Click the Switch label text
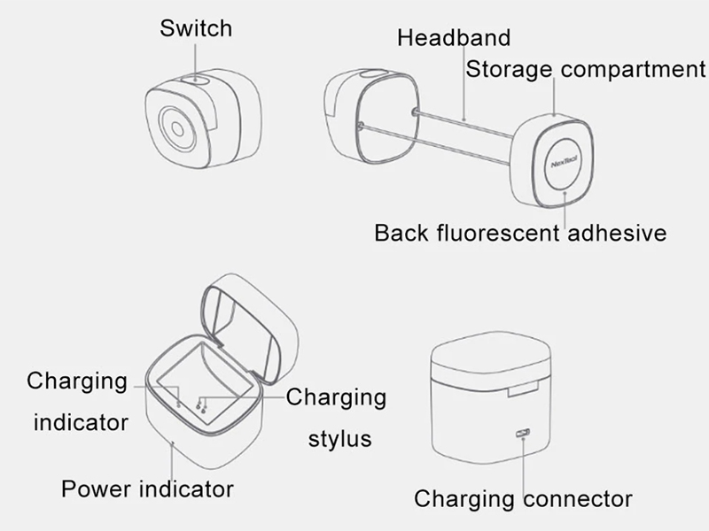point(196,28)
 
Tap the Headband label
point(454,37)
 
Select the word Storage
point(509,70)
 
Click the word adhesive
point(617,233)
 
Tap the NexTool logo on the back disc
point(564,162)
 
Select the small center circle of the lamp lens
point(178,129)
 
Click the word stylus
point(340,439)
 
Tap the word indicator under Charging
point(81,423)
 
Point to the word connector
point(578,499)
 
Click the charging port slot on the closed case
point(522,434)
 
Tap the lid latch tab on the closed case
point(523,389)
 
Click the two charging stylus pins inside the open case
point(201,405)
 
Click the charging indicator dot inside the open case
point(179,405)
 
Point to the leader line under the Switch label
point(195,62)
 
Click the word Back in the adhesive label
point(401,233)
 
